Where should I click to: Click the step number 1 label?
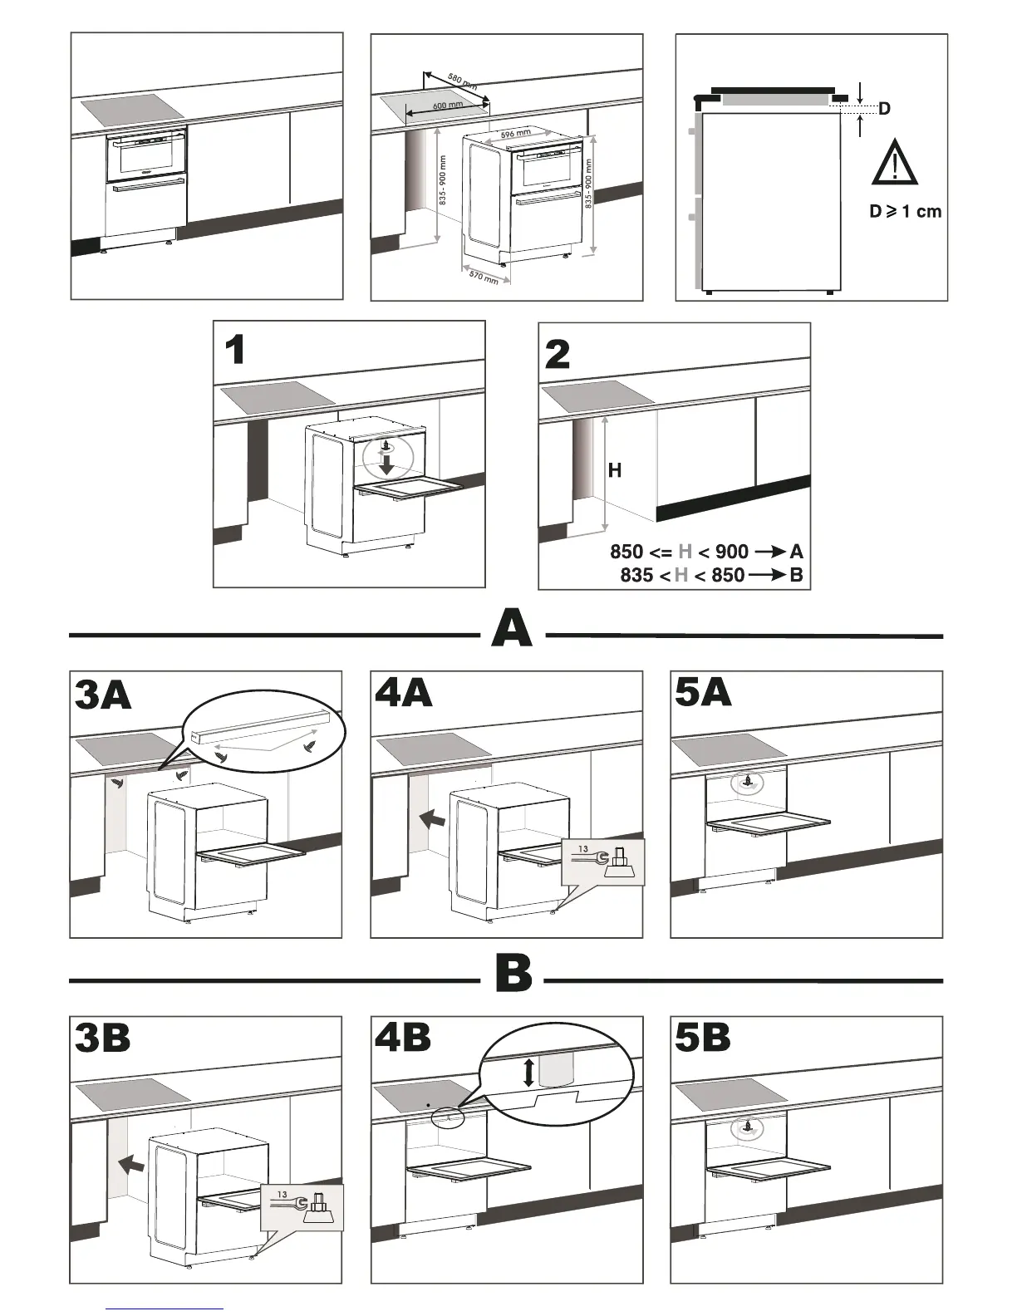tap(235, 351)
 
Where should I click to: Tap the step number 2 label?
tap(558, 354)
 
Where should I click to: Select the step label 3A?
tap(103, 695)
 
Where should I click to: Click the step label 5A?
tap(704, 691)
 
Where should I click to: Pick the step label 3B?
tap(102, 1038)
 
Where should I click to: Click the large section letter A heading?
tap(512, 628)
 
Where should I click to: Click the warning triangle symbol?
tap(894, 164)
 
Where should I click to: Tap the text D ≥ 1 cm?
tap(906, 212)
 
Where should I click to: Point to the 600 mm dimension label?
tap(449, 106)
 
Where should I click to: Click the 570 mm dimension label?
tap(484, 277)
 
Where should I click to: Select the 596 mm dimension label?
tap(516, 134)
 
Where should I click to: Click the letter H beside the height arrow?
tap(615, 471)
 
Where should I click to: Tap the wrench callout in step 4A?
tap(603, 862)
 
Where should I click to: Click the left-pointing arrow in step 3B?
tap(130, 1164)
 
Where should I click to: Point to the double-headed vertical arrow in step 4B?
tap(529, 1072)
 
